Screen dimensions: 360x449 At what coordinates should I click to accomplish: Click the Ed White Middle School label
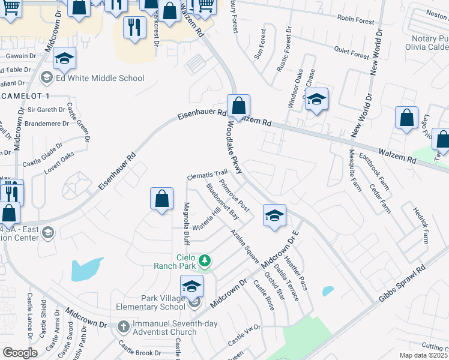(100, 78)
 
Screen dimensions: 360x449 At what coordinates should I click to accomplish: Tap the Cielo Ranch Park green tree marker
(205, 260)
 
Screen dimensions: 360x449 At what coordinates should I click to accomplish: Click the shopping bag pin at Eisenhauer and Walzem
(238, 107)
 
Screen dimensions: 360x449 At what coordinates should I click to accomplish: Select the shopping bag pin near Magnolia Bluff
(161, 199)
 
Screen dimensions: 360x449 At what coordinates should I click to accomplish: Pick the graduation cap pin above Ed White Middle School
(64, 59)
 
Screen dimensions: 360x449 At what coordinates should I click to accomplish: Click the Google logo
(20, 353)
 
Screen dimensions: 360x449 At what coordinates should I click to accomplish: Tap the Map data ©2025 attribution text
(423, 355)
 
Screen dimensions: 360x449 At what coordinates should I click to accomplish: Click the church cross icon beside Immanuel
(123, 328)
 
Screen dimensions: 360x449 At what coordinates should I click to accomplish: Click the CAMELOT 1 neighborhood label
(25, 97)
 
